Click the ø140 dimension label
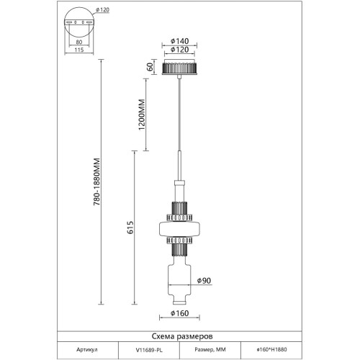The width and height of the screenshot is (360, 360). tap(179, 41)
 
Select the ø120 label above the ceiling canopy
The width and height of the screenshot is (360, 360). tap(179, 50)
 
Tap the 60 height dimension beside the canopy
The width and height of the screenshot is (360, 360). tap(150, 67)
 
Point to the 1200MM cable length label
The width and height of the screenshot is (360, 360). tap(142, 114)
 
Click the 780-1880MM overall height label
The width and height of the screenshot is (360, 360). tap(96, 181)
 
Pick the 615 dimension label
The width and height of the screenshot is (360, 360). tap(130, 228)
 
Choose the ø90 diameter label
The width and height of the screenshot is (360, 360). tap(204, 280)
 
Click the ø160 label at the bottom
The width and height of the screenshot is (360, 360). tap(179, 313)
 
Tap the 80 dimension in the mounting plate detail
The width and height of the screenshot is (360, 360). tap(79, 42)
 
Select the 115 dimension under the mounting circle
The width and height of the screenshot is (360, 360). tap(79, 50)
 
